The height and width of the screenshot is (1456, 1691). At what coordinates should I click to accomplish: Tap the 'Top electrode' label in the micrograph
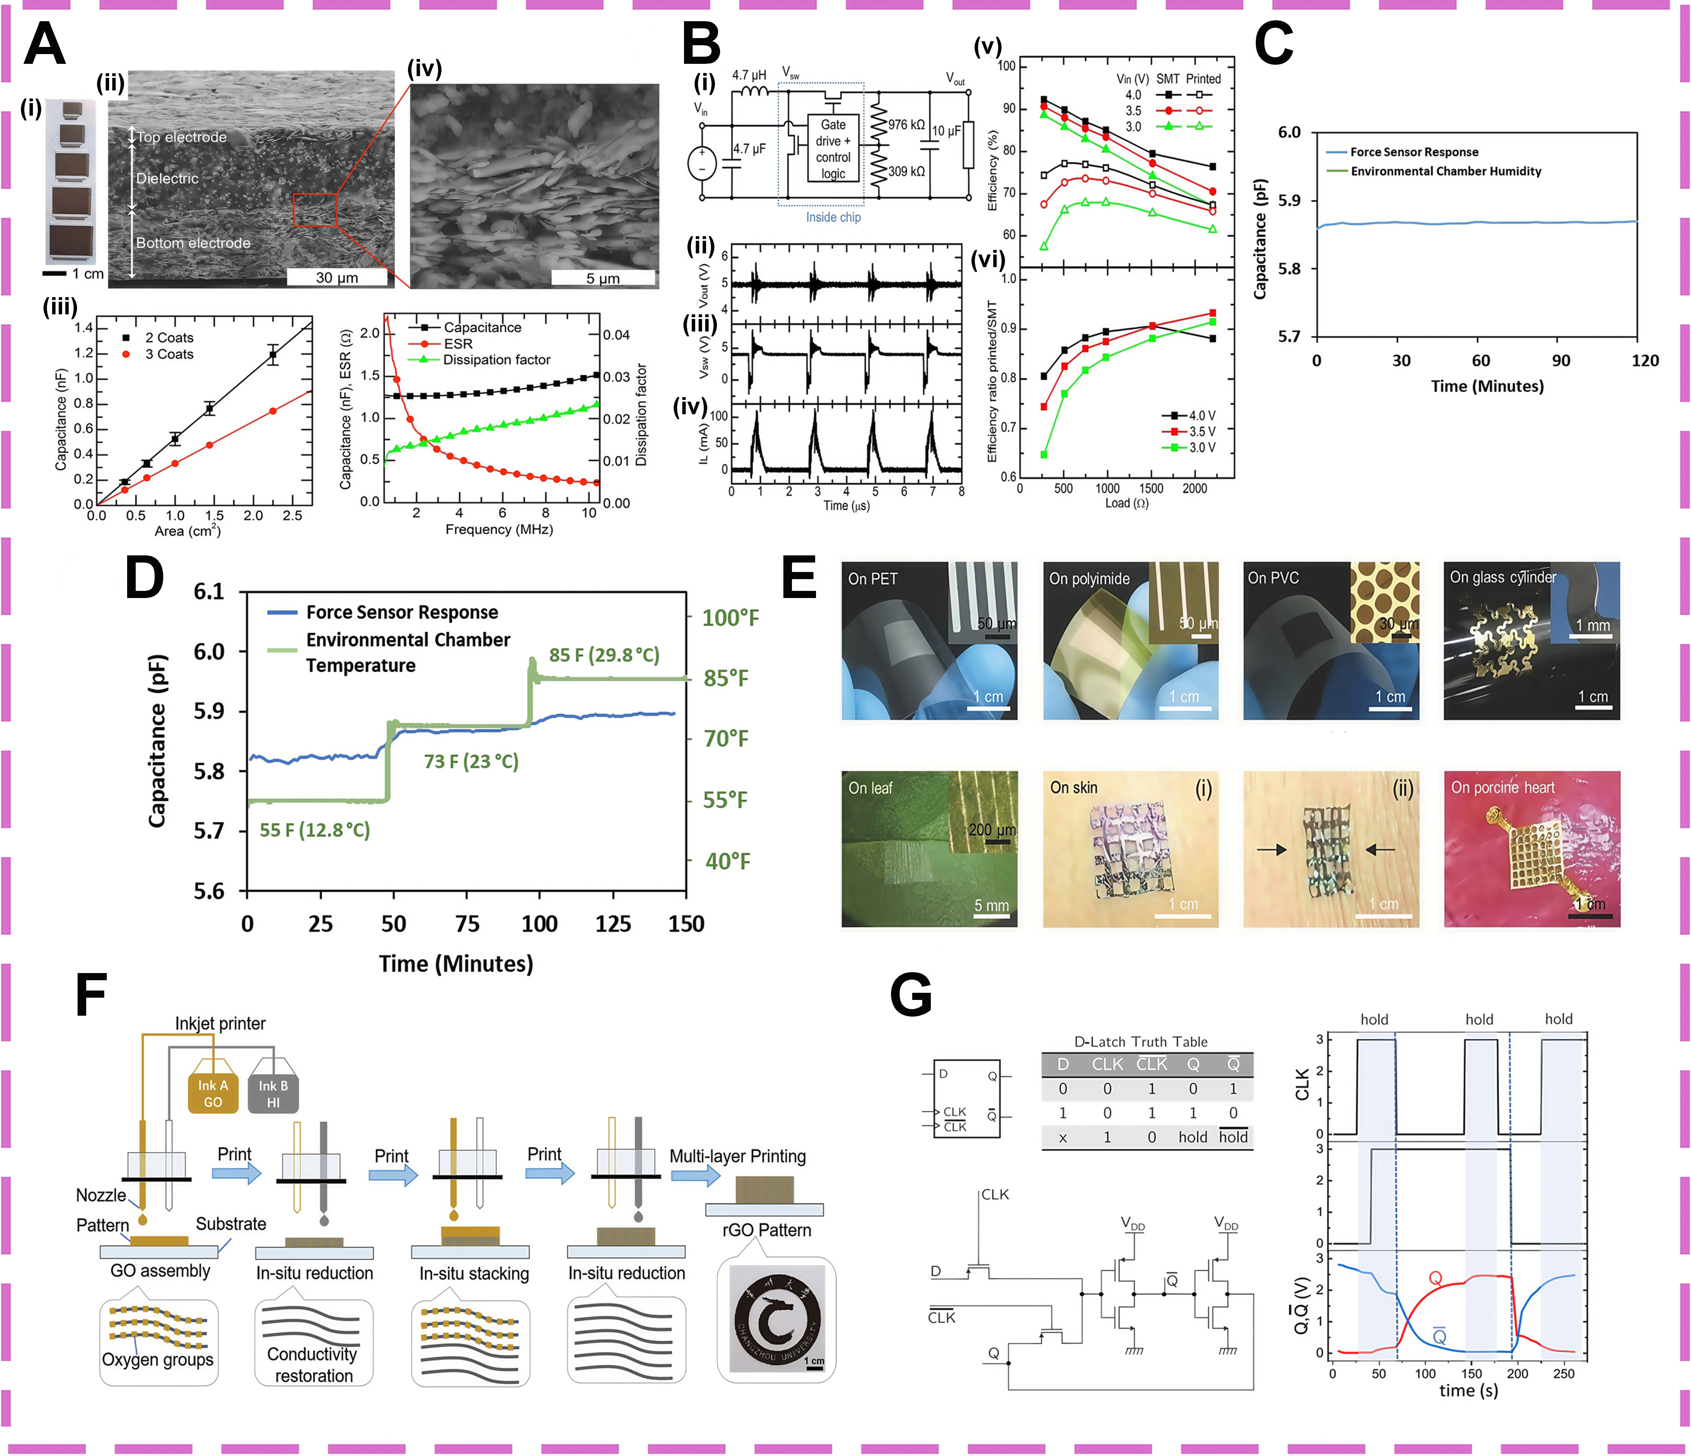tap(181, 137)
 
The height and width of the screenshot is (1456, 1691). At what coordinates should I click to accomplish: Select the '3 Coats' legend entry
tap(169, 354)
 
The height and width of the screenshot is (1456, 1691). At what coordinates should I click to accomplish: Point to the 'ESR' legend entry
tap(458, 344)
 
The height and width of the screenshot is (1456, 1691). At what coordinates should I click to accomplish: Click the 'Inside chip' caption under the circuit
tap(833, 217)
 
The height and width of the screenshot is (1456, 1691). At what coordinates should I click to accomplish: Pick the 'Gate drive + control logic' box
tap(833, 149)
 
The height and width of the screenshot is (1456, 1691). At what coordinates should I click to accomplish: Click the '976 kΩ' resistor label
tap(907, 125)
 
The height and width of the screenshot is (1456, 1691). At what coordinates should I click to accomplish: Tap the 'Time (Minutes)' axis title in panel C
tap(1487, 386)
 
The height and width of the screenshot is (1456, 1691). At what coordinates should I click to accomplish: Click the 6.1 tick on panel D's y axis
tap(209, 592)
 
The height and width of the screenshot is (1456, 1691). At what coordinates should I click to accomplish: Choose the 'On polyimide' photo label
tap(1089, 579)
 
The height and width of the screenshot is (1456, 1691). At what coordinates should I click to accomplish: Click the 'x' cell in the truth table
tap(1063, 1137)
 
